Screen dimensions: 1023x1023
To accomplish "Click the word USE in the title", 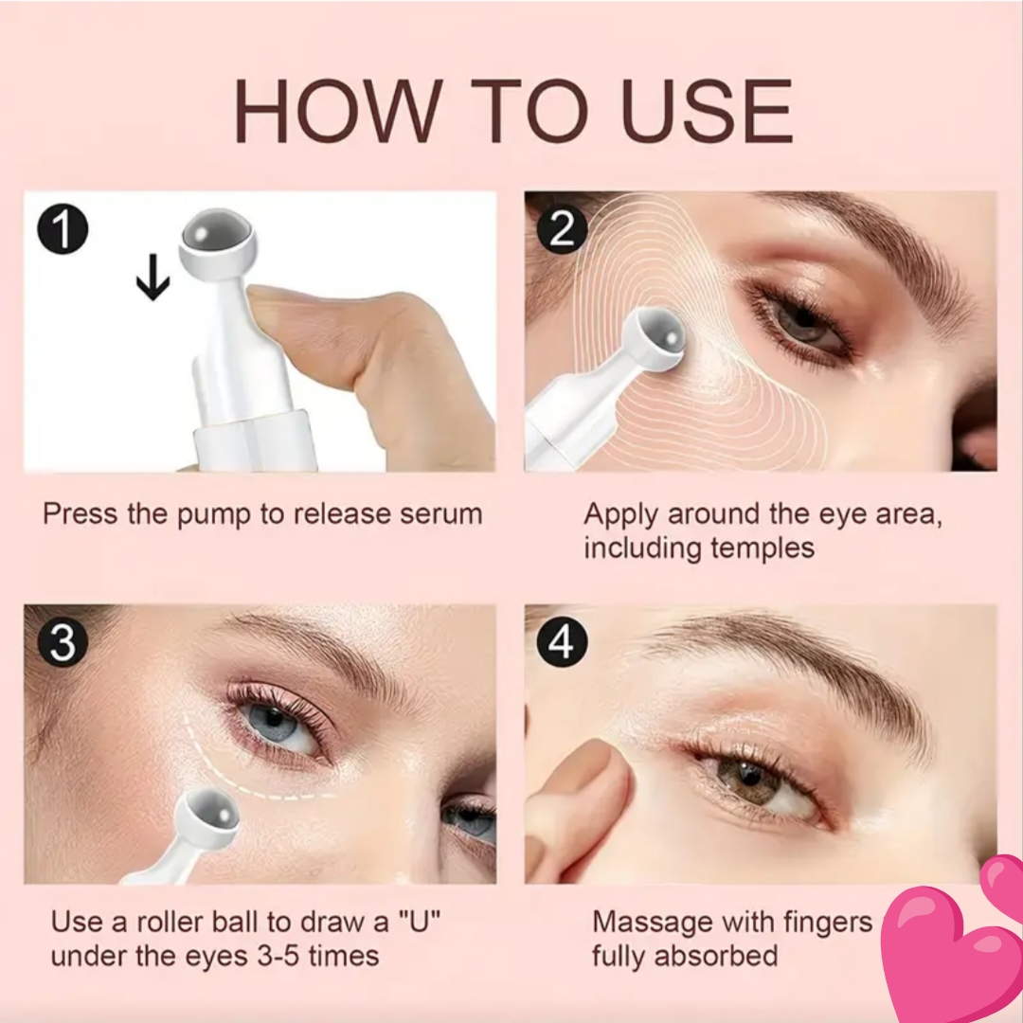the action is coord(708,111).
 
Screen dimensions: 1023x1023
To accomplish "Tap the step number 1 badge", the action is coord(63,229).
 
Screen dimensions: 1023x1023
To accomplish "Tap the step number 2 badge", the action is coord(563,229).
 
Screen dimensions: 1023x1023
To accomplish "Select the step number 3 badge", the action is coord(63,642).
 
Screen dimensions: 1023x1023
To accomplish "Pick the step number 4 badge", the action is coord(563,642).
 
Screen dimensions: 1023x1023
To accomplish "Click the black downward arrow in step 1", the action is coord(153,278).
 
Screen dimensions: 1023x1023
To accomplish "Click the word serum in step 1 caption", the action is coord(441,514).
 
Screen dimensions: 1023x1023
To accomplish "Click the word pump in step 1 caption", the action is coord(214,515).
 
